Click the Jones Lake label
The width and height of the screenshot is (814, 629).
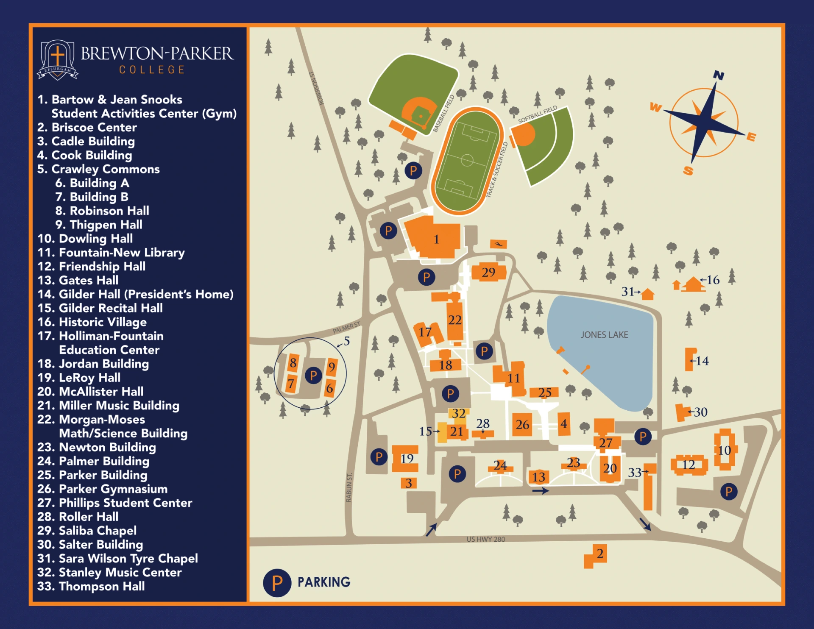(x=604, y=335)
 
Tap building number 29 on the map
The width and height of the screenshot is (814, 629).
(x=488, y=272)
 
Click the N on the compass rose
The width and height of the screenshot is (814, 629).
(x=718, y=75)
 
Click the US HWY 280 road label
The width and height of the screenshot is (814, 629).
(x=485, y=539)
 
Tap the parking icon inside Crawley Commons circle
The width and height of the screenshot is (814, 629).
(x=313, y=375)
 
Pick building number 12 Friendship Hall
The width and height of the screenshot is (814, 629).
(x=689, y=465)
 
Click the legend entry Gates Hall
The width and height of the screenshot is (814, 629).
(x=88, y=280)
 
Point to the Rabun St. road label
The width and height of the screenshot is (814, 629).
(x=349, y=487)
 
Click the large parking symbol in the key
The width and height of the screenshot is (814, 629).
(x=277, y=583)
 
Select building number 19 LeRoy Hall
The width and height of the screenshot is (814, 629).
(x=406, y=459)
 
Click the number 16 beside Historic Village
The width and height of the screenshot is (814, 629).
(x=713, y=280)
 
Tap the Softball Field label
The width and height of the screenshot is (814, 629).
(x=537, y=114)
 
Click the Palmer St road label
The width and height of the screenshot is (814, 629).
(x=346, y=327)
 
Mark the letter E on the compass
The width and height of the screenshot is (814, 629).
(x=751, y=136)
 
